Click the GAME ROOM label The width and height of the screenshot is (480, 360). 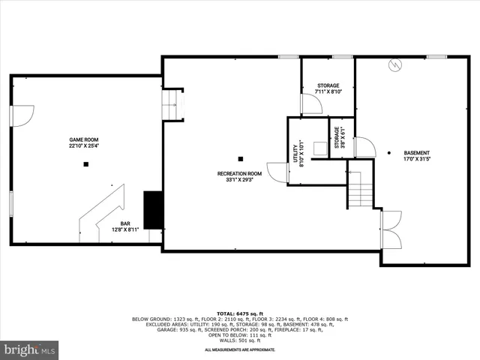[x=84, y=139]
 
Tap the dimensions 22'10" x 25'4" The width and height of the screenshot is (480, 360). [x=84, y=146]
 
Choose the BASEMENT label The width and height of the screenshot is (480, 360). [x=417, y=152]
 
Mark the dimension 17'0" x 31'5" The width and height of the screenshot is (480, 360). [x=417, y=159]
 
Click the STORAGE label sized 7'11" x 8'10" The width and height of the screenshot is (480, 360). [x=328, y=85]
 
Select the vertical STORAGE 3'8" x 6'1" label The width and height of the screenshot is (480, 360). [x=337, y=139]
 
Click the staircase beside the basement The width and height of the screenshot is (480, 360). [x=361, y=189]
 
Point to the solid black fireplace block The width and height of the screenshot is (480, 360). [x=153, y=210]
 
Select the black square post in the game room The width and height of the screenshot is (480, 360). [x=86, y=164]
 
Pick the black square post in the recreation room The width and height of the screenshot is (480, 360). [x=241, y=158]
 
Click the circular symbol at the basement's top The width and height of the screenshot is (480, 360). [x=392, y=65]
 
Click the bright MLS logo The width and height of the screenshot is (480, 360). [x=30, y=349]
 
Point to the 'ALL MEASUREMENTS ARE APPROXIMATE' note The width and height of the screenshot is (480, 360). [x=240, y=349]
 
